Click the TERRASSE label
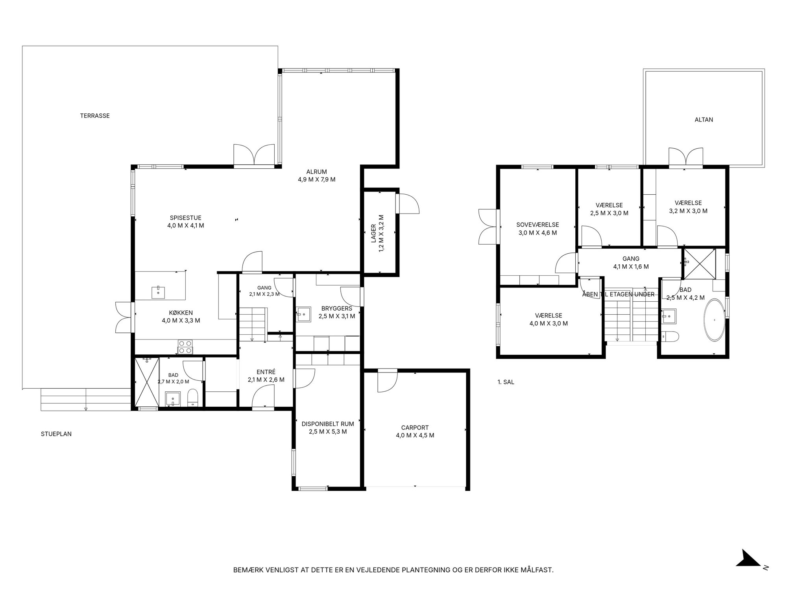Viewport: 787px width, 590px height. (x=95, y=116)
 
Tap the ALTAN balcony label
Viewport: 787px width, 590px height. (x=704, y=120)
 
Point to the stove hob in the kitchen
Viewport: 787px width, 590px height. (x=185, y=347)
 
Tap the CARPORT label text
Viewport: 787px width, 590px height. (x=415, y=428)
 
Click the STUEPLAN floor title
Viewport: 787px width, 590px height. (x=56, y=434)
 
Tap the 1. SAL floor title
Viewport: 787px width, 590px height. (x=506, y=382)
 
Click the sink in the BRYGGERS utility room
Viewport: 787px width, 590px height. (x=303, y=314)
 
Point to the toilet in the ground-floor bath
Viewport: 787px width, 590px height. (x=193, y=398)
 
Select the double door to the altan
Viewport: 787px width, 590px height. (x=686, y=157)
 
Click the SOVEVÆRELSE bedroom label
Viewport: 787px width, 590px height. (x=538, y=225)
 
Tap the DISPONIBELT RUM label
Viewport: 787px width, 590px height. (x=328, y=424)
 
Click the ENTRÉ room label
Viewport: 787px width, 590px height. (x=266, y=372)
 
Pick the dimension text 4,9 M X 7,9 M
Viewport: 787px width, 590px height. (x=317, y=180)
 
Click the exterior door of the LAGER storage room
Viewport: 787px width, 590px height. (x=408, y=203)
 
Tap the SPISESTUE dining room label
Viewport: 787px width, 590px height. (x=186, y=218)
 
